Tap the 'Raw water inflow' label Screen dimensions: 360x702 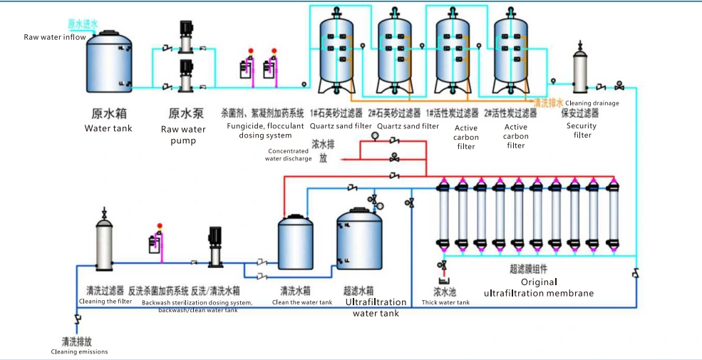point(55,37)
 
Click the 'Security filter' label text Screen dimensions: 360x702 point(582,130)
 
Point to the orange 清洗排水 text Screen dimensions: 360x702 point(549,102)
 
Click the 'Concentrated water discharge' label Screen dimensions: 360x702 point(289,155)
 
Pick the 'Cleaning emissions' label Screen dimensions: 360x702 point(79,351)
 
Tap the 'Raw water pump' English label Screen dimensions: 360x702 point(183,135)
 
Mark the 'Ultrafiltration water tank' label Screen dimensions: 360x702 point(376,307)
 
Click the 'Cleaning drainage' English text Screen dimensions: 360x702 point(592,103)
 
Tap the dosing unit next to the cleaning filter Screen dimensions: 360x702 point(155,242)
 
